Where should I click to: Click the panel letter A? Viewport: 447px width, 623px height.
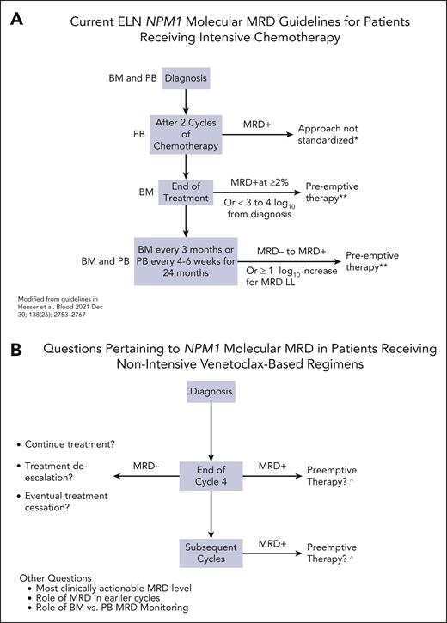[18, 19]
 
